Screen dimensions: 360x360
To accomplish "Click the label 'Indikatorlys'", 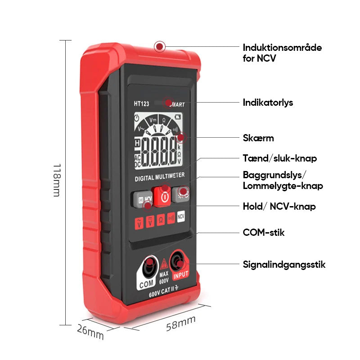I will click(x=268, y=103).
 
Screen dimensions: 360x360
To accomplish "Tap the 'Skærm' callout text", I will click(x=258, y=138).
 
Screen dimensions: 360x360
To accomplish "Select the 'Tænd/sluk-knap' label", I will click(x=280, y=158).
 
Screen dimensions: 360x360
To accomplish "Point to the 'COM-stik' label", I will click(x=264, y=233).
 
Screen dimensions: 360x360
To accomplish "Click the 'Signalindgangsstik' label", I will click(x=284, y=265).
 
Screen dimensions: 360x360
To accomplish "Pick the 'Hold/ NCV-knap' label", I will click(x=279, y=207).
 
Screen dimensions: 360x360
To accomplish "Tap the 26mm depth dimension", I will click(x=90, y=333).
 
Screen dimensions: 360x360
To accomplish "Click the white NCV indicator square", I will click(x=181, y=217).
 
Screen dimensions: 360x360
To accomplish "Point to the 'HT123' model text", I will click(x=141, y=103).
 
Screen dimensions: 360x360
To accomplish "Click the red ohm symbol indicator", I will click(x=160, y=220).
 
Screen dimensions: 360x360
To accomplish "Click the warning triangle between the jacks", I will click(x=164, y=264).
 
